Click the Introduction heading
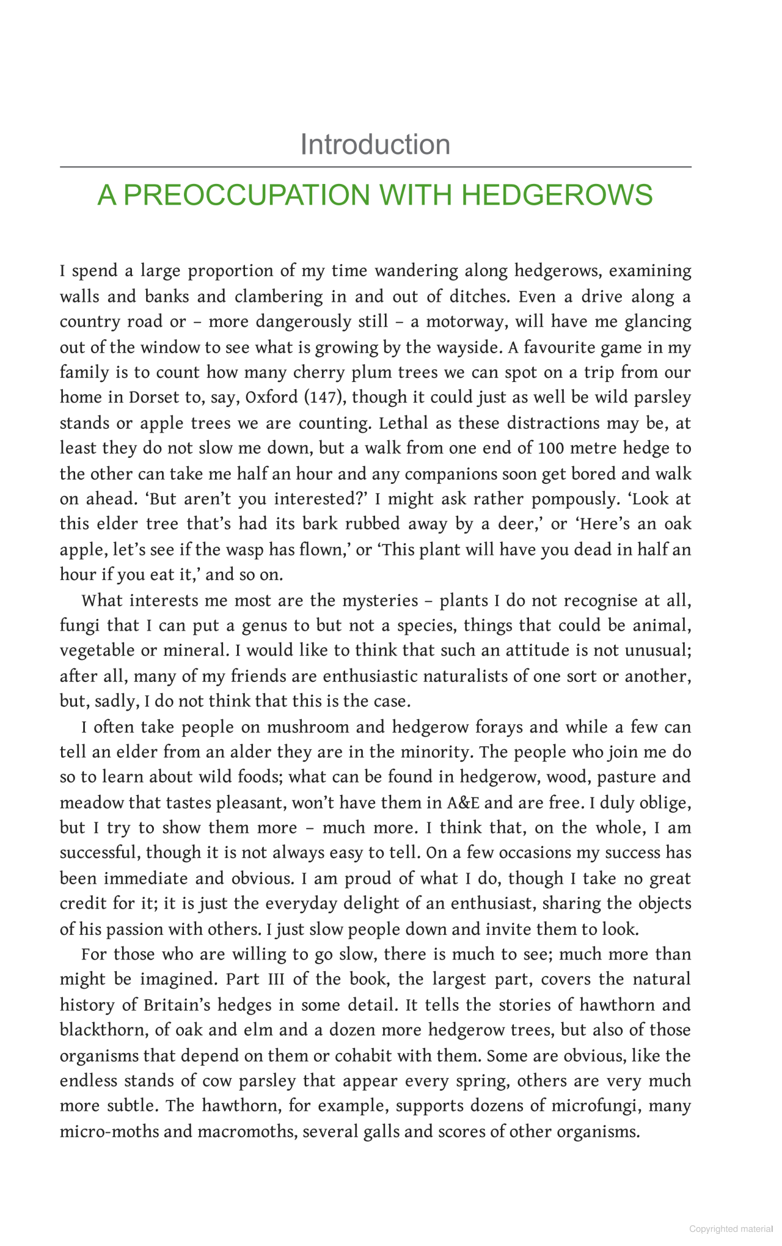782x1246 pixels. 375,145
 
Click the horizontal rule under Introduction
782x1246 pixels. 375,167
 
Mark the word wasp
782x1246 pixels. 249,550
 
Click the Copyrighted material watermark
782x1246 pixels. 731,1229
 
